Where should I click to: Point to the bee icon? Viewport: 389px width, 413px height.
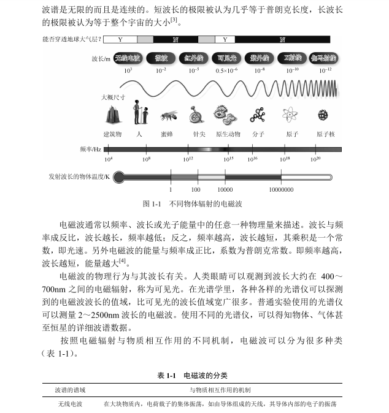(168, 115)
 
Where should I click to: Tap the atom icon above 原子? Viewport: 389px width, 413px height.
(290, 115)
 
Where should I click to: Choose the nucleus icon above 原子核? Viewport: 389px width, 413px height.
(323, 115)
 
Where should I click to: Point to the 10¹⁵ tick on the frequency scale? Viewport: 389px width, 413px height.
(228, 159)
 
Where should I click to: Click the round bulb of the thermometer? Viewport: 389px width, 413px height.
(119, 177)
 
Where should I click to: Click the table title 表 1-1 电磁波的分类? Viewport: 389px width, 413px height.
(193, 374)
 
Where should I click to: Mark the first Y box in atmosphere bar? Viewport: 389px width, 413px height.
(120, 40)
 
